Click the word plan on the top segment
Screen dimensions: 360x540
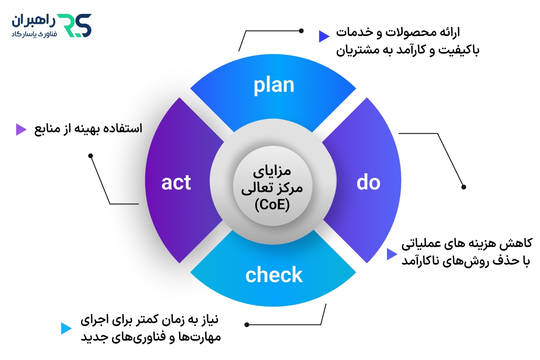pyautogui.click(x=274, y=85)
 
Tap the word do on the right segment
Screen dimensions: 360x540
pyautogui.click(x=369, y=183)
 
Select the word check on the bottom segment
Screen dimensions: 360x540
pyautogui.click(x=274, y=275)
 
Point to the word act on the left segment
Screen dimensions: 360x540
pyautogui.click(x=176, y=183)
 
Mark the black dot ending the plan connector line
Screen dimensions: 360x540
pyautogui.click(x=301, y=31)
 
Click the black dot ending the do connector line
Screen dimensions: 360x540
pyautogui.click(x=464, y=187)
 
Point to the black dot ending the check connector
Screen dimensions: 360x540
pyautogui.click(x=246, y=324)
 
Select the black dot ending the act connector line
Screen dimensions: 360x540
pyautogui.click(x=90, y=156)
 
